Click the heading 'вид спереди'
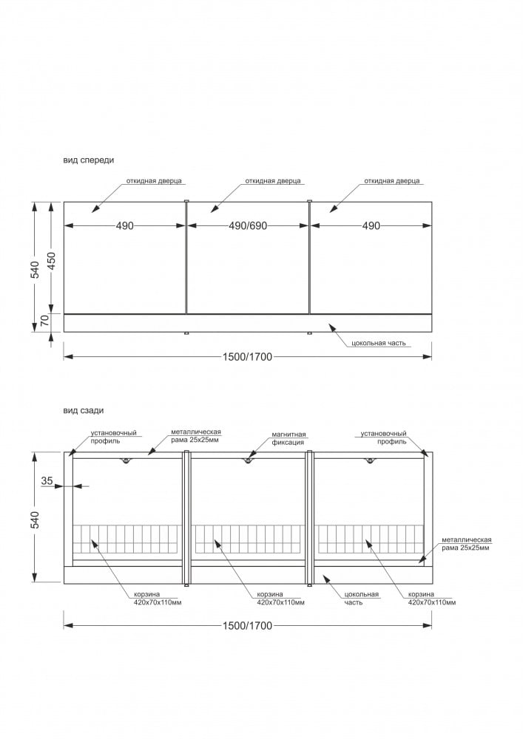89,160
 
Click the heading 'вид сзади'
84,410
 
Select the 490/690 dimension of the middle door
247,225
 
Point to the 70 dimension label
44,320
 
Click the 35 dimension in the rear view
47,480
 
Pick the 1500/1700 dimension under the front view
247,357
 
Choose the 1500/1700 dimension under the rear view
247,626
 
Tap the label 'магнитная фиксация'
288,439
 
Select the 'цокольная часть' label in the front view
379,344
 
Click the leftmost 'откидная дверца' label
154,180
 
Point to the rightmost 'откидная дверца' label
392,180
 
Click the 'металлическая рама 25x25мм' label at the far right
466,544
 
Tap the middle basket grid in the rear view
248,539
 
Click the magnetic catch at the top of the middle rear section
248,460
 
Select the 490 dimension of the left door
124,225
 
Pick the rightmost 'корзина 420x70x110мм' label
431,599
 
